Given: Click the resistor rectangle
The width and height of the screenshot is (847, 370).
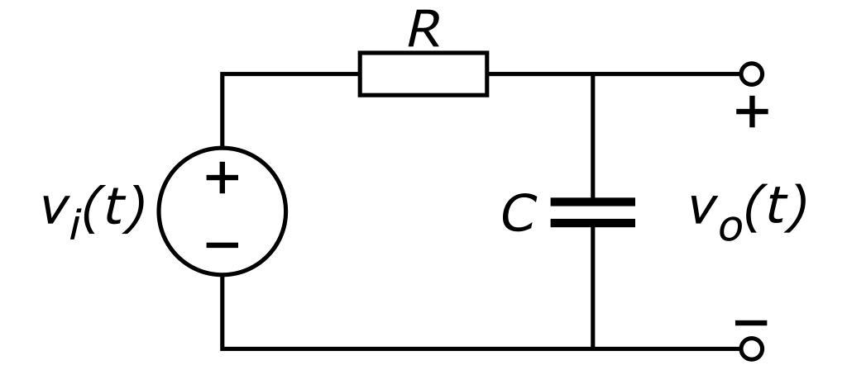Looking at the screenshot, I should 423,74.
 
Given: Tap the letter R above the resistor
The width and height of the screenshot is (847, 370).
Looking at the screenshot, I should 423,31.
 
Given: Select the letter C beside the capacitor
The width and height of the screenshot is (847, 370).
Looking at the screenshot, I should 519,214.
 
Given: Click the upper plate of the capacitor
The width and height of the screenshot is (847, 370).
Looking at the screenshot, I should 592,202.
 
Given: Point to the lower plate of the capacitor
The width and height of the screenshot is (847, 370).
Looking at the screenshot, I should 592,222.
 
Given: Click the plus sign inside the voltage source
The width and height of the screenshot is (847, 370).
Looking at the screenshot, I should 222,178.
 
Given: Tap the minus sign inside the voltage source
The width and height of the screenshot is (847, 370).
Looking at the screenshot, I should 222,244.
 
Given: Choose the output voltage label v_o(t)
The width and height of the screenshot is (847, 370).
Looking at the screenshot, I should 747,210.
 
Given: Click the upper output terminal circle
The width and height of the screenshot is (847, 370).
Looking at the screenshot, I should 751,74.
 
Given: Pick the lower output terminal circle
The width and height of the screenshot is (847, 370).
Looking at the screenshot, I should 751,348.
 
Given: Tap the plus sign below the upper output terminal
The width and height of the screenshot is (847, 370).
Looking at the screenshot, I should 751,113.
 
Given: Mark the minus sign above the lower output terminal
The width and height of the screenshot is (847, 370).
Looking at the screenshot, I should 751,323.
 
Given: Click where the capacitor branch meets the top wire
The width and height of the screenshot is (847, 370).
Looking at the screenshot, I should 592,74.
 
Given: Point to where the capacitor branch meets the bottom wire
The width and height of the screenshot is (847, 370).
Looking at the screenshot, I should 592,348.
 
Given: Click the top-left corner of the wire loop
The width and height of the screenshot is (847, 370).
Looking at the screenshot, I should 222,74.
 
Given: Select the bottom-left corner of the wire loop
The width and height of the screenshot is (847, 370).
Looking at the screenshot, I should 222,348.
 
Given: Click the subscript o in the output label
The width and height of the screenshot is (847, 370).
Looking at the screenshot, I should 729,225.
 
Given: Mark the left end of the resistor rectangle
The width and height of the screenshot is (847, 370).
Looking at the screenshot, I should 360,74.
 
